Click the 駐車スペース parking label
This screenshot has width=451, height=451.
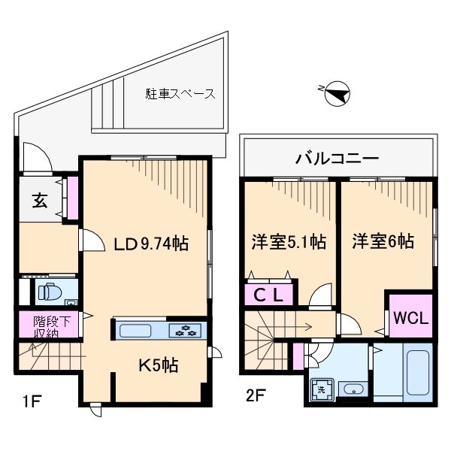180,95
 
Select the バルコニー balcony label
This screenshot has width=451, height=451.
337,158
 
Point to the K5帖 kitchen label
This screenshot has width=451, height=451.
157,365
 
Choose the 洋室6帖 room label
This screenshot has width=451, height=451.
383,242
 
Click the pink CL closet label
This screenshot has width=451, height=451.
267,295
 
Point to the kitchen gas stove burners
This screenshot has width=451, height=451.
186,329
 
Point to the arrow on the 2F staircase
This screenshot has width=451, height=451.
308,326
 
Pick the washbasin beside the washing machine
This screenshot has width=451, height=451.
352,389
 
